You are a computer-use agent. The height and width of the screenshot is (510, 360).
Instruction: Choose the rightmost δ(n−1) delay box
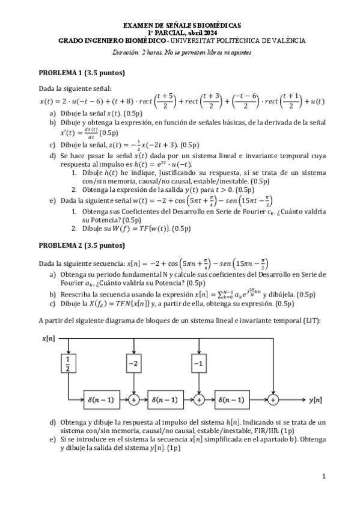pos(230,398)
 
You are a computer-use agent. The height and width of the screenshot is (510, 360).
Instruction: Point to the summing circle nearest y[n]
pos(274,398)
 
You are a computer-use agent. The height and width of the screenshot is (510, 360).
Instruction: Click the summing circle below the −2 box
pos(133,398)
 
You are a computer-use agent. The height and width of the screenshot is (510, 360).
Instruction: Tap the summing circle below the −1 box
pos(198,398)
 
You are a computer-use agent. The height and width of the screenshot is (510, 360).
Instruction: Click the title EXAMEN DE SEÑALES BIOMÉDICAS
pos(182,25)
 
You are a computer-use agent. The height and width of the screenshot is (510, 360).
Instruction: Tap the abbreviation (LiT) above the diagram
pos(311,320)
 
